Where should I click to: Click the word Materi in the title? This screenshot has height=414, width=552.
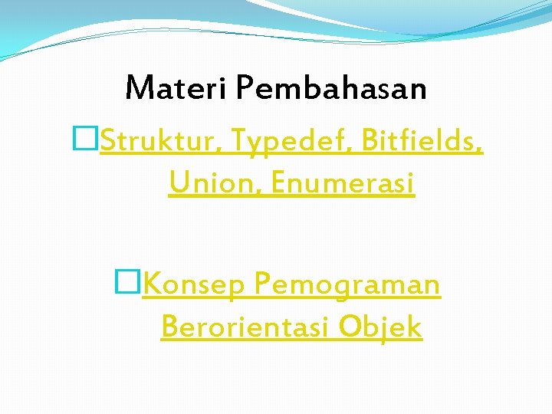click(176, 88)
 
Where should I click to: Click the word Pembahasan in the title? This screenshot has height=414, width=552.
click(330, 88)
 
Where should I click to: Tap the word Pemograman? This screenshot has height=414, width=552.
click(347, 286)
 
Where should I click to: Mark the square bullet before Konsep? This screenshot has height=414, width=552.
click(125, 284)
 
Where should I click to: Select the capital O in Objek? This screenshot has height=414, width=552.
click(350, 327)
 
